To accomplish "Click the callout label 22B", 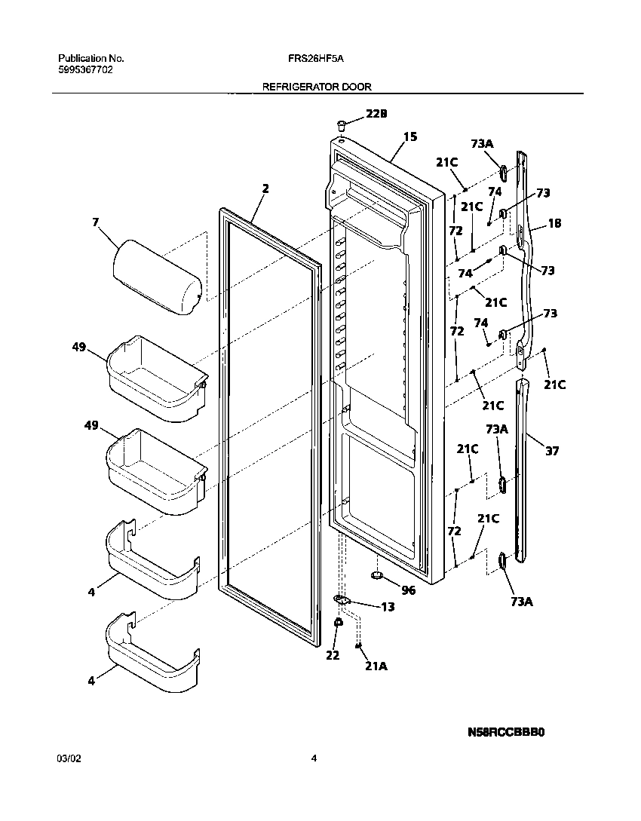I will coord(376,114).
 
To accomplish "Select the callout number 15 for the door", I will coord(410,137).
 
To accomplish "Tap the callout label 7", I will coord(95,222).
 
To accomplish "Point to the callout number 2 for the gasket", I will coord(265,188).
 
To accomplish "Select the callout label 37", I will coord(553,451).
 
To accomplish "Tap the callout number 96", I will coord(408,590).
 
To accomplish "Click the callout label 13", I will coord(388,607).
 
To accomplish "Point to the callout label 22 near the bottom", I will coord(333,655).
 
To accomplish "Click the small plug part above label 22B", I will coord(342,122).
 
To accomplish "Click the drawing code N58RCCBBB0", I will coord(506,732).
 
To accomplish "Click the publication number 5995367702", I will coord(85,69).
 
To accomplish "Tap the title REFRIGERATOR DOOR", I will coord(316,87).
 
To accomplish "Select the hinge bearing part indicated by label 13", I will coord(342,599).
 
